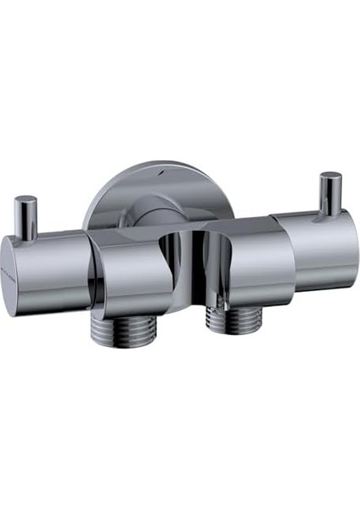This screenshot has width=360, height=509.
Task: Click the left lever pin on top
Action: click(x=26, y=217)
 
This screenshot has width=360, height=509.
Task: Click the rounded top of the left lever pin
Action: click(x=26, y=201)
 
